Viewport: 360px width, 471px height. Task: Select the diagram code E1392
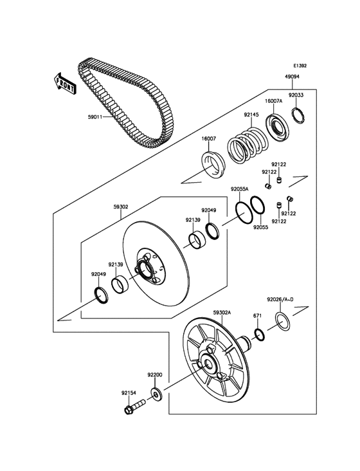coord(300,66)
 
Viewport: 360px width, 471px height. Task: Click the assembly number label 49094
coord(300,76)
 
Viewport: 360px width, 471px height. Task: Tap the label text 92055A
coord(240,189)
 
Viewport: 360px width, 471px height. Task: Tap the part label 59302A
coord(221,312)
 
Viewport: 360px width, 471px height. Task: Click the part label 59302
coord(121,207)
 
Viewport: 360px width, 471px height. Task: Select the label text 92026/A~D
coord(280,299)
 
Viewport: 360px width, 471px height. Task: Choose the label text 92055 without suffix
coord(260,227)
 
